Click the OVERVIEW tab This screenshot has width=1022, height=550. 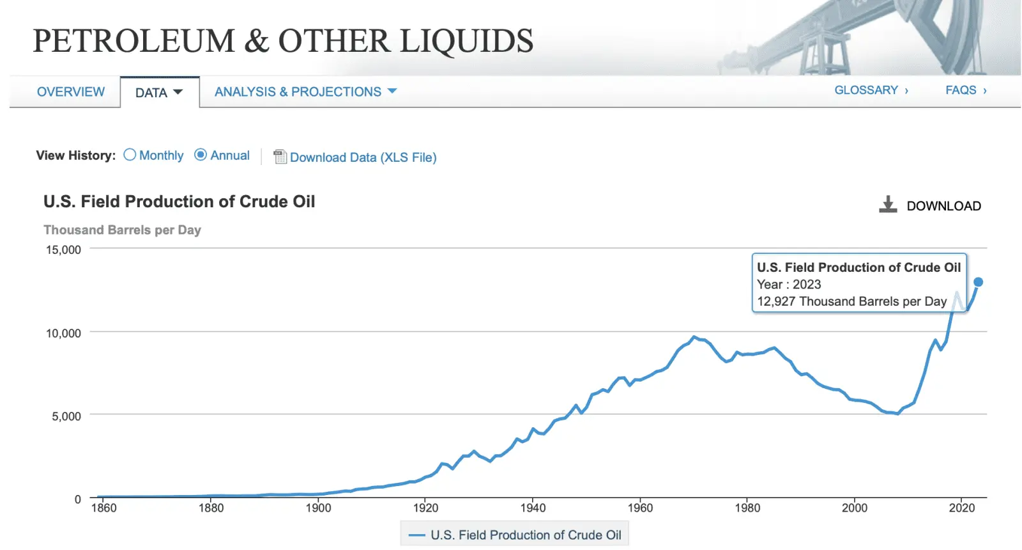[70, 92]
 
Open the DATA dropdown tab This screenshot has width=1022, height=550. [159, 93]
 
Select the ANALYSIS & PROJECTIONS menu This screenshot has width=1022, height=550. [305, 92]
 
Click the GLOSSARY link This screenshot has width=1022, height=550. [871, 90]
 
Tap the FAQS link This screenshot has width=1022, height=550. [965, 90]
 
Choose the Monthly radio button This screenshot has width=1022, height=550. [130, 155]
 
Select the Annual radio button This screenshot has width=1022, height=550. [201, 155]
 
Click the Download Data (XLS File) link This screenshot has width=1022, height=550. [363, 157]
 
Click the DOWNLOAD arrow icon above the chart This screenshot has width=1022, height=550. [888, 205]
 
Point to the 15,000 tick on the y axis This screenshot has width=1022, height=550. [63, 250]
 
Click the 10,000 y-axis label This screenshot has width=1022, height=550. [63, 333]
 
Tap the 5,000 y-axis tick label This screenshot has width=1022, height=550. [66, 416]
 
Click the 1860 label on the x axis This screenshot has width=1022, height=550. [103, 508]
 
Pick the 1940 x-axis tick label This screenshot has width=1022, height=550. [533, 508]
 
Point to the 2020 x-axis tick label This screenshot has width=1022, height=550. [961, 508]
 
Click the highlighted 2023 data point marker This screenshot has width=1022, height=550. [978, 282]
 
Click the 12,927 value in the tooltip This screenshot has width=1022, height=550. [775, 301]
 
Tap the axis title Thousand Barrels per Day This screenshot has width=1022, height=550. [122, 230]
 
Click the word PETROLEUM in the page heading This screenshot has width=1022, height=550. [134, 41]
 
